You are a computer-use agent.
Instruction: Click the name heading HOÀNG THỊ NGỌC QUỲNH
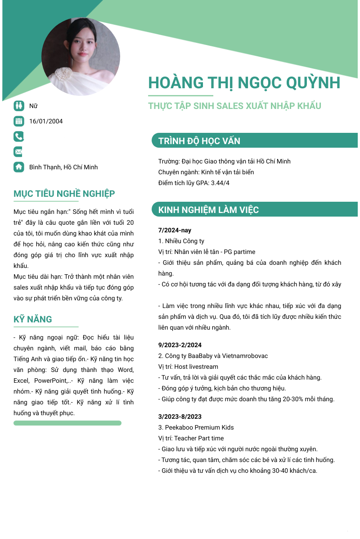(244, 83)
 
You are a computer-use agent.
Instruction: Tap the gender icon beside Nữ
(18, 106)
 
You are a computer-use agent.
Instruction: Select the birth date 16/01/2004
(46, 121)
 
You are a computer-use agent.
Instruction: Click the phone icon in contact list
(18, 136)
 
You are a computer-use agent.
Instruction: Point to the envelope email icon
(18, 151)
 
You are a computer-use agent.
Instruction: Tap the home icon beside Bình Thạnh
(18, 167)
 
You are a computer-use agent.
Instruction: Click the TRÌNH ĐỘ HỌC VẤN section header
(199, 141)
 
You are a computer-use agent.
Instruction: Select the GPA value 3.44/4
(220, 183)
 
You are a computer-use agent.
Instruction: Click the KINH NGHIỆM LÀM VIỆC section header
(208, 210)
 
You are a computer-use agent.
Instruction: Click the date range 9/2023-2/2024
(180, 345)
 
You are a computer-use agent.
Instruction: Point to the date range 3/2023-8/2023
(180, 417)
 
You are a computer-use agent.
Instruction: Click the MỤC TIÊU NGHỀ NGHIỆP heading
(64, 194)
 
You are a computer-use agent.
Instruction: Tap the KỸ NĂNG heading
(33, 319)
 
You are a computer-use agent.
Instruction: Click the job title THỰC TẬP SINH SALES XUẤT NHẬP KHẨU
(234, 106)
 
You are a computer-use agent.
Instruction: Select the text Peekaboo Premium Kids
(199, 427)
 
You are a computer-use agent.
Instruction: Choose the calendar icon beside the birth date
(18, 121)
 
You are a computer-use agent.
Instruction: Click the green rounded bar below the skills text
(67, 423)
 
